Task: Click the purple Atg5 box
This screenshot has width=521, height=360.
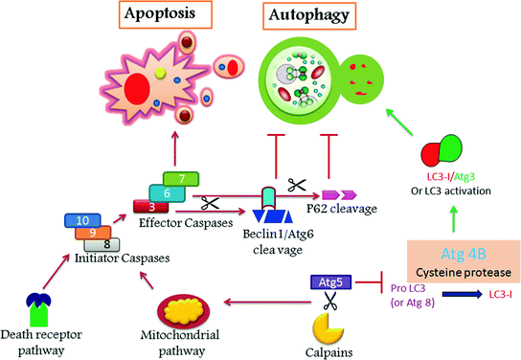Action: click(x=328, y=281)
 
